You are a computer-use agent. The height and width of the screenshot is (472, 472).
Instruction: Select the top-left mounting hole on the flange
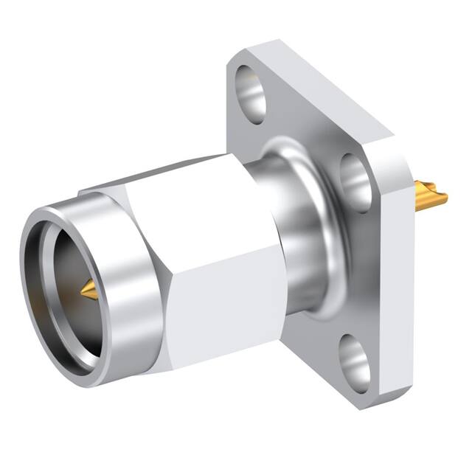251,92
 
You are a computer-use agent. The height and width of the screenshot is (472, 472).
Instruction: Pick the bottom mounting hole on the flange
356,361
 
